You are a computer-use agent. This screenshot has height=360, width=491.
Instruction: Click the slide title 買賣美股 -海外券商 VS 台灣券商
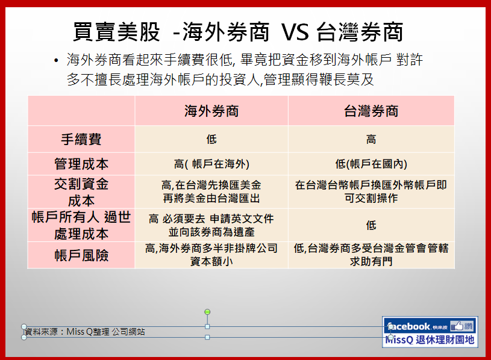pyautogui.click(x=238, y=32)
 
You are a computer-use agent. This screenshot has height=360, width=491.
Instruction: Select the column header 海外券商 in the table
pyautogui.click(x=211, y=111)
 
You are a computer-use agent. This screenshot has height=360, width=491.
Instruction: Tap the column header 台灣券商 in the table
pyautogui.click(x=371, y=111)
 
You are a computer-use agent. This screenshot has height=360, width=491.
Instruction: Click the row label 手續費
pyautogui.click(x=81, y=139)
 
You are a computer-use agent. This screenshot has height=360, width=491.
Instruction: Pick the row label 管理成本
pyautogui.click(x=81, y=164)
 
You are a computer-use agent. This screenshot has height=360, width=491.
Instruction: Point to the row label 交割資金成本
pyautogui.click(x=81, y=192)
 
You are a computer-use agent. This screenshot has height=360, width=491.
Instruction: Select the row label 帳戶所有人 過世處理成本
pyautogui.click(x=81, y=225)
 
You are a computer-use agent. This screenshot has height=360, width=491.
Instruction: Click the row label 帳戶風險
pyautogui.click(x=81, y=255)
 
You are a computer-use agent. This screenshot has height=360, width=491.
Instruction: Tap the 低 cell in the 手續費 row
pyautogui.click(x=211, y=139)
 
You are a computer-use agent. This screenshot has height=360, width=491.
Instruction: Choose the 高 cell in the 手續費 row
pyautogui.click(x=371, y=139)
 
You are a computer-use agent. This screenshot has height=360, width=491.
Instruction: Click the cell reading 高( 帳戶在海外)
pyautogui.click(x=211, y=164)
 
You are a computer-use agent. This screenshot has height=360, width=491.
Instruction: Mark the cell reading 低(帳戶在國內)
pyautogui.click(x=371, y=164)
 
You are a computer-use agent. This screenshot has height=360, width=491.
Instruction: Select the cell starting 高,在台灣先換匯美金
pyautogui.click(x=211, y=191)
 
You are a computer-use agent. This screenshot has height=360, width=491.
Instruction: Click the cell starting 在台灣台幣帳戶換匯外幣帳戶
pyautogui.click(x=371, y=191)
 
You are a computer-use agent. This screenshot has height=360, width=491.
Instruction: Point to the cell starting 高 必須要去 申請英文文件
pyautogui.click(x=211, y=225)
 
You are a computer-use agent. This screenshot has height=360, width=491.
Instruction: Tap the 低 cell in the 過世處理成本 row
pyautogui.click(x=371, y=225)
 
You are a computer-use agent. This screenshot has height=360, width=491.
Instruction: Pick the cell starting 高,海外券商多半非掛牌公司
pyautogui.click(x=211, y=255)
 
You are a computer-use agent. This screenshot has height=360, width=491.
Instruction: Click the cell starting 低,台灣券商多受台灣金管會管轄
pyautogui.click(x=371, y=255)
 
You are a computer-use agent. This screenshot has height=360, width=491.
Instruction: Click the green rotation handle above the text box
pyautogui.click(x=207, y=312)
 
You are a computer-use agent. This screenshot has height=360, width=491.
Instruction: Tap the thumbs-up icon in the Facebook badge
pyautogui.click(x=457, y=326)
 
